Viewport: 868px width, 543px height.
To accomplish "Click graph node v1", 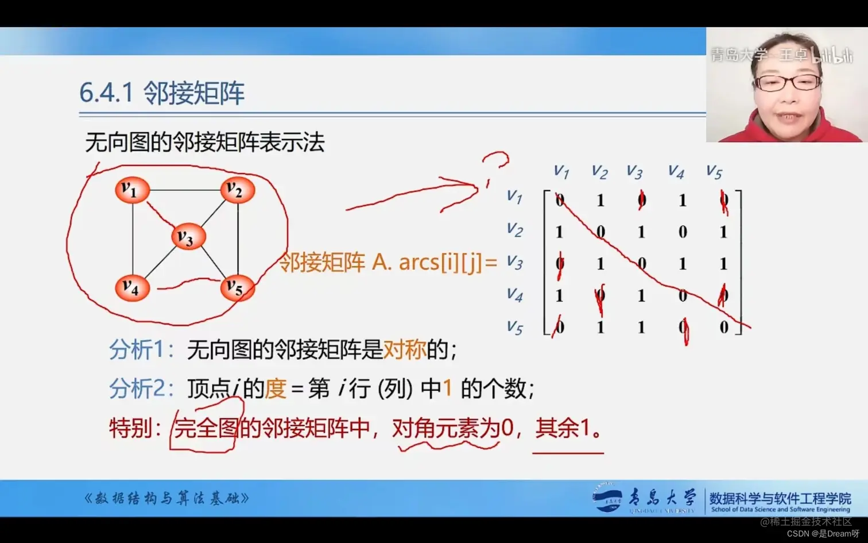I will click(132, 190).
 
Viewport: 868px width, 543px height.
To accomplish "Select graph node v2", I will click(237, 190).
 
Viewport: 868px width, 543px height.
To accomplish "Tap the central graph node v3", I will click(188, 237).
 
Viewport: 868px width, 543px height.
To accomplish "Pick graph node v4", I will click(132, 287).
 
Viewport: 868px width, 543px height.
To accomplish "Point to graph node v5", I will click(237, 287).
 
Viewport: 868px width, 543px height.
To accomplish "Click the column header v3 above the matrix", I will click(634, 171).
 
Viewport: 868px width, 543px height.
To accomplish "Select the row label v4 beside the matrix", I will click(514, 295).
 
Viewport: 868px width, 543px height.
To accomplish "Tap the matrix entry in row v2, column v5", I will click(723, 232).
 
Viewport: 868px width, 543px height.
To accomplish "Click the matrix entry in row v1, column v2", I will click(600, 201).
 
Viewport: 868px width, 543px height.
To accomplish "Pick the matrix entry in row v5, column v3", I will click(641, 327).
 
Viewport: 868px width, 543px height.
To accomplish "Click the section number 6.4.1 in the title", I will click(106, 93).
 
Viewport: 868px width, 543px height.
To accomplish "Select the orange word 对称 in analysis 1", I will click(405, 349).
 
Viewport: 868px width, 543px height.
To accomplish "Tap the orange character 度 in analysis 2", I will click(276, 389).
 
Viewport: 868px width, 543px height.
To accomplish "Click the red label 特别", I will click(131, 428).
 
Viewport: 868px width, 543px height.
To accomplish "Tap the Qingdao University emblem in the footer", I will click(607, 498).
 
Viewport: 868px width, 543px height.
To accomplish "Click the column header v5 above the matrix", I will click(714, 171).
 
